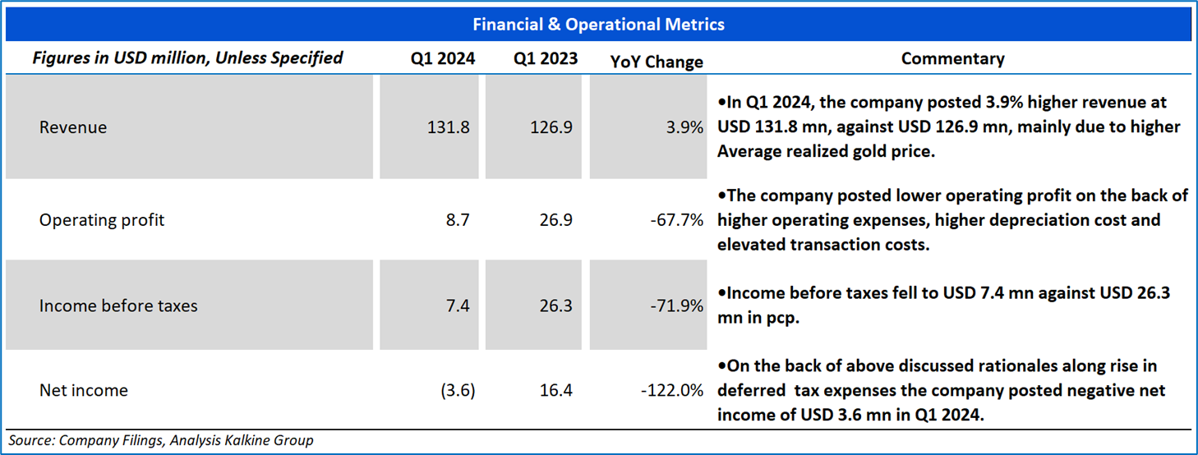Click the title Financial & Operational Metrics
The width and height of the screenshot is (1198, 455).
coord(598,25)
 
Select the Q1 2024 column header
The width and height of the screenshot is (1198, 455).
coord(443,58)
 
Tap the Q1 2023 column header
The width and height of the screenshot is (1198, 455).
coord(546,58)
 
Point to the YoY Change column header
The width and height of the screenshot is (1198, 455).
coord(657,62)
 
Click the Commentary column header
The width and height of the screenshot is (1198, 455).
coord(952,58)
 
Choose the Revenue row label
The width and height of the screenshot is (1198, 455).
coord(73,127)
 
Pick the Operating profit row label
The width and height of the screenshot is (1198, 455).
coord(102,219)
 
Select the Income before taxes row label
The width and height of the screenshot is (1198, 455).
coord(118,306)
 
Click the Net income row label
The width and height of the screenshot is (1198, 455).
coord(84,390)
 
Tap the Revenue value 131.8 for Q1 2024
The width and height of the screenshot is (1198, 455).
coord(450,127)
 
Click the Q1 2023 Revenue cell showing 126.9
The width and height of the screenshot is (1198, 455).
coord(554,127)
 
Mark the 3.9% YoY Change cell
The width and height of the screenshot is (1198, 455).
coord(685,127)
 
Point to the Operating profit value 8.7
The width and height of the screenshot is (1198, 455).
coord(458,219)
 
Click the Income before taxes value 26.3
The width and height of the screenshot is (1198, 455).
coord(556,306)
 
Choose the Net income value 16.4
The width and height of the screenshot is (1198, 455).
coord(556,390)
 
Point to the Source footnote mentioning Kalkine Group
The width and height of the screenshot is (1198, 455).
coord(161,440)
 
